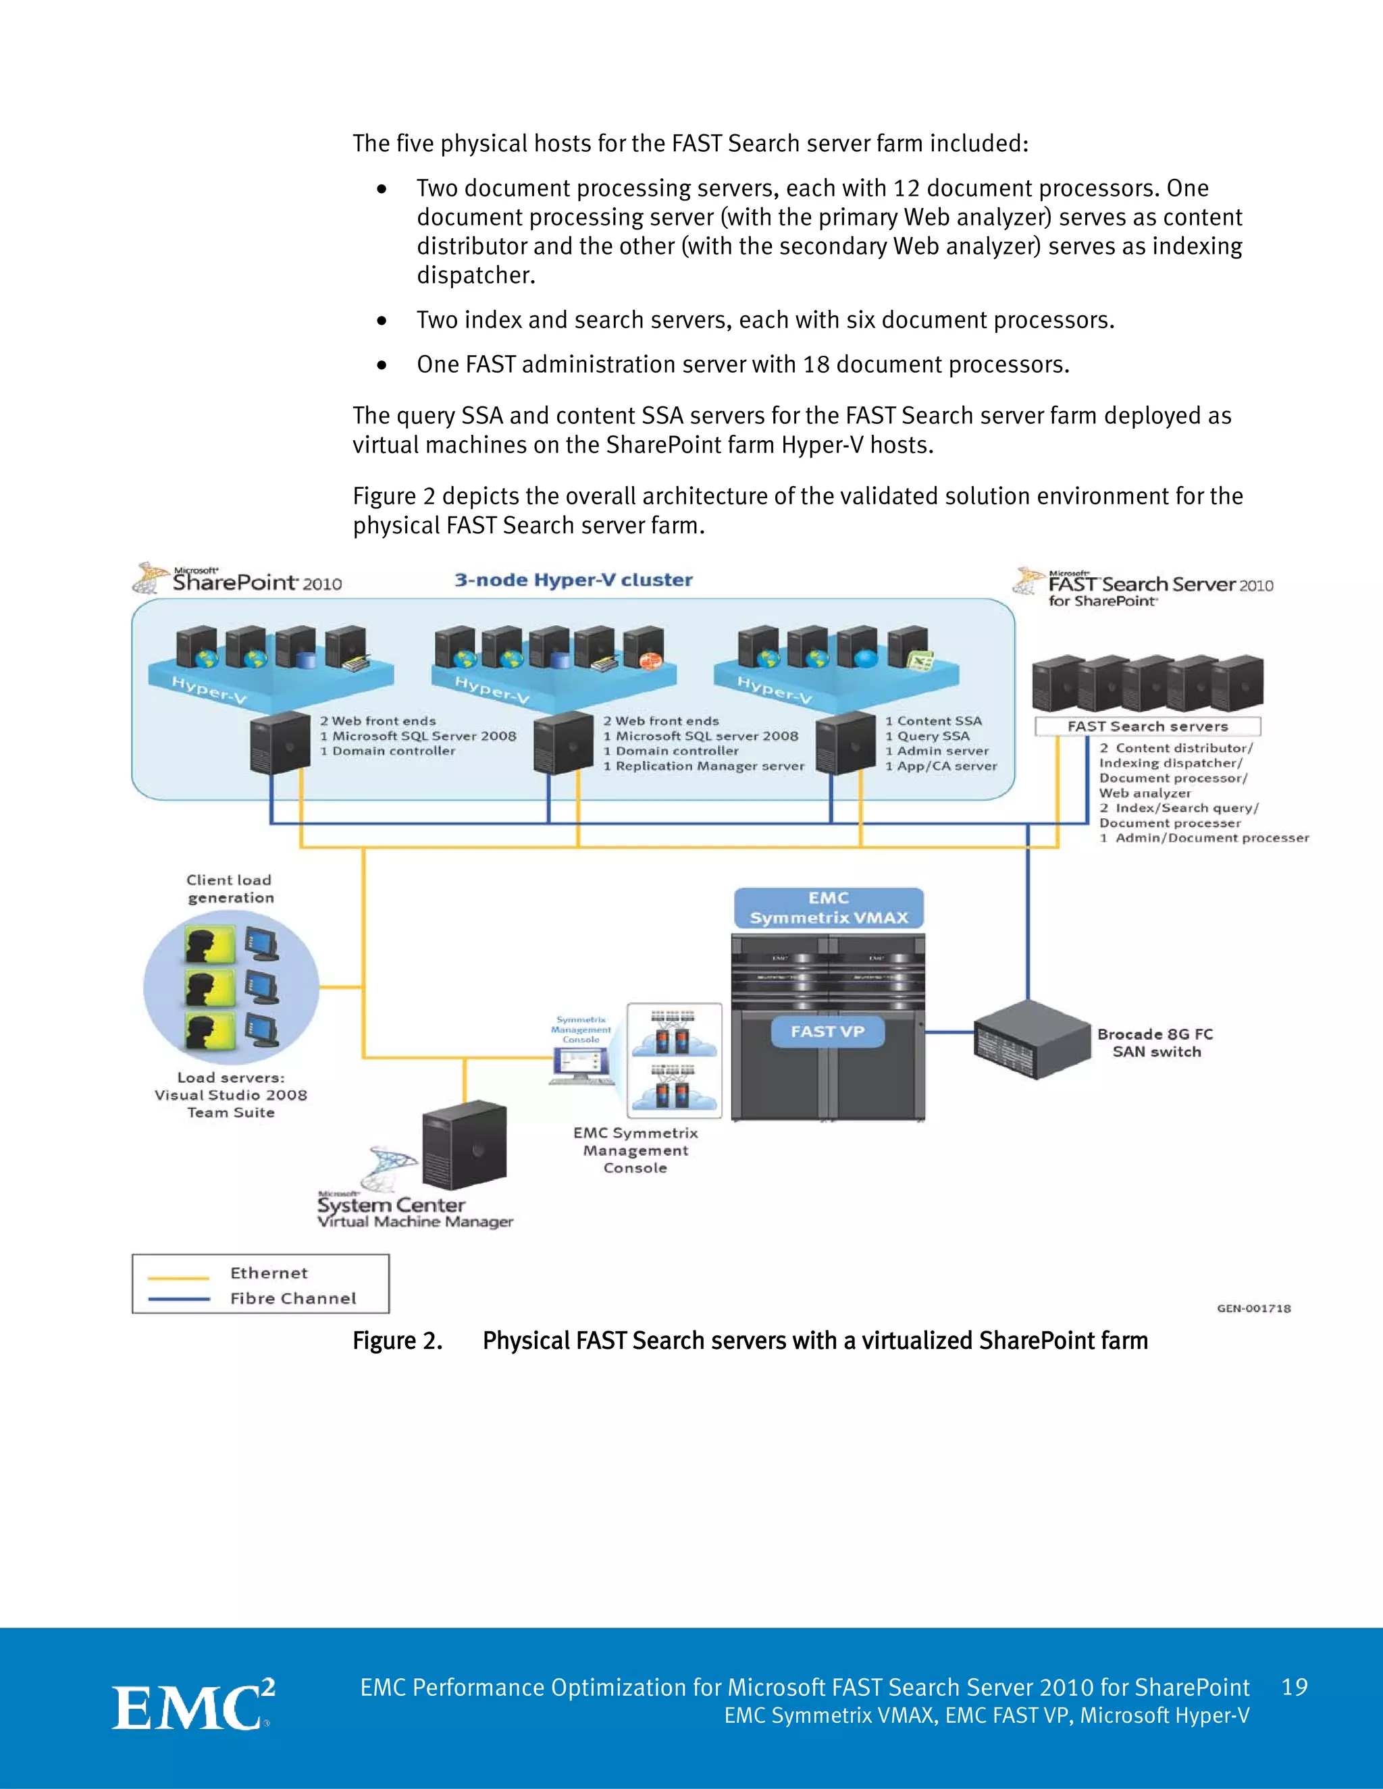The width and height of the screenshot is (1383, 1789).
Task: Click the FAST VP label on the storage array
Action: (x=827, y=1032)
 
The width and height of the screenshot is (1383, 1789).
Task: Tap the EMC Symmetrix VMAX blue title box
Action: (x=829, y=907)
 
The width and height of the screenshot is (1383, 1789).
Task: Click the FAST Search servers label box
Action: (x=1147, y=726)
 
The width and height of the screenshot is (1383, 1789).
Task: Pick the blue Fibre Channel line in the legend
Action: (x=178, y=1298)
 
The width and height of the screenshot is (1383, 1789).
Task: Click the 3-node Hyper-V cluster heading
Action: (x=573, y=580)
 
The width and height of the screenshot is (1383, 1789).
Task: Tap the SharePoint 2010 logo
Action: (x=238, y=580)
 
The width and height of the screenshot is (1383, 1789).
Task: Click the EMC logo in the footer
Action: (x=192, y=1705)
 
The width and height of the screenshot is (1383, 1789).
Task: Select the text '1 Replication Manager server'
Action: (x=704, y=766)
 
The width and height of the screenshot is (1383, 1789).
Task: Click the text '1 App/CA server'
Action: (x=941, y=766)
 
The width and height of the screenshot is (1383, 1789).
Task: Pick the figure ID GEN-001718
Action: (x=1253, y=1308)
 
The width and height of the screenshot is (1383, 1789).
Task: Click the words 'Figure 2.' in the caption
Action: (x=397, y=1340)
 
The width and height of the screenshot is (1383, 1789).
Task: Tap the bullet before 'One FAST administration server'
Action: (x=382, y=365)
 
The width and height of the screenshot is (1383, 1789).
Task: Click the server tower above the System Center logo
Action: (x=464, y=1144)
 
